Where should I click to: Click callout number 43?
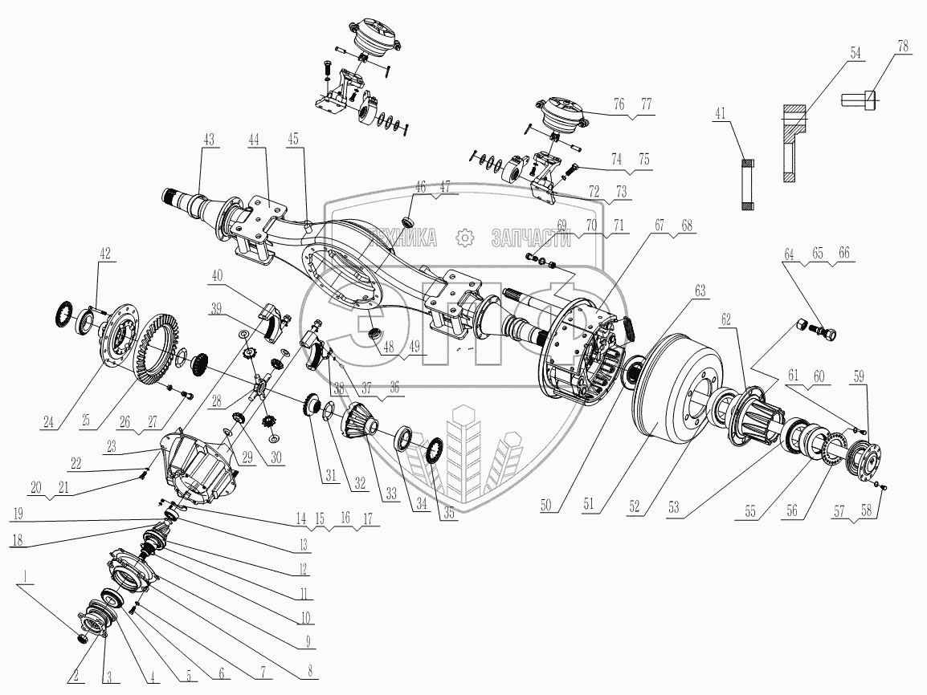209,140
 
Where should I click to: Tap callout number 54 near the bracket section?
855,52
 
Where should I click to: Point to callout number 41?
718,114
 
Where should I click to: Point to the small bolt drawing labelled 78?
859,100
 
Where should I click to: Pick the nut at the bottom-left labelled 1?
82,637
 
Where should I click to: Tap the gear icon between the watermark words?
463,238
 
